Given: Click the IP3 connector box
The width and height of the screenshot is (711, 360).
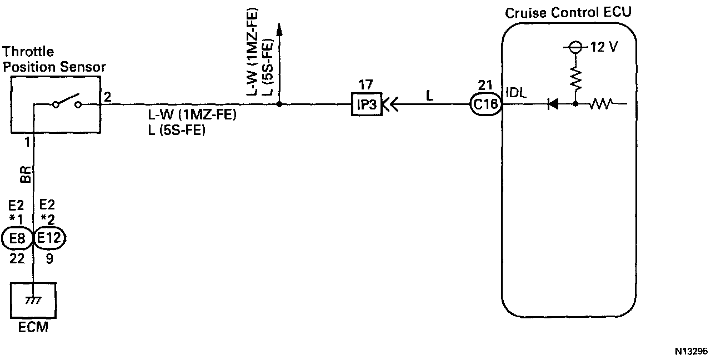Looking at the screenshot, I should click(367, 104).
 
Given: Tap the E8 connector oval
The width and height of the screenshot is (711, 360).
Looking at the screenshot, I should click(18, 239).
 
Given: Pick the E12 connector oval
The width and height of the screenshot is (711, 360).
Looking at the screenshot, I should click(51, 239).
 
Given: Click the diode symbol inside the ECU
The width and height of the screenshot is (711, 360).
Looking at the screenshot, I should click(552, 104).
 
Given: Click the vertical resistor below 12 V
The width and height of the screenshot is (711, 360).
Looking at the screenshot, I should click(575, 76).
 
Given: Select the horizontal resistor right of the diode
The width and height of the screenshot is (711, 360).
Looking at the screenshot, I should click(601, 104).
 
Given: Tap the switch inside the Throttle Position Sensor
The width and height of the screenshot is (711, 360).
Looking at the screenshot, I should click(66, 103).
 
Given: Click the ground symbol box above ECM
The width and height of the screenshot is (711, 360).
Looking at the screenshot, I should click(33, 300).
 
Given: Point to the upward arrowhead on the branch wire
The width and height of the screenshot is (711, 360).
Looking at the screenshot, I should click(279, 31).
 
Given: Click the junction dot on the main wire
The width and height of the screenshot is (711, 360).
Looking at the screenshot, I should click(279, 104).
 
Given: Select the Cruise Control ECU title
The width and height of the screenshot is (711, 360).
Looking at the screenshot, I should click(568, 12).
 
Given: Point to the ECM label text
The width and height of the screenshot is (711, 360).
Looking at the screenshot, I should click(33, 327).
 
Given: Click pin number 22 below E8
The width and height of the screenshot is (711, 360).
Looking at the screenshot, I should click(17, 258).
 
